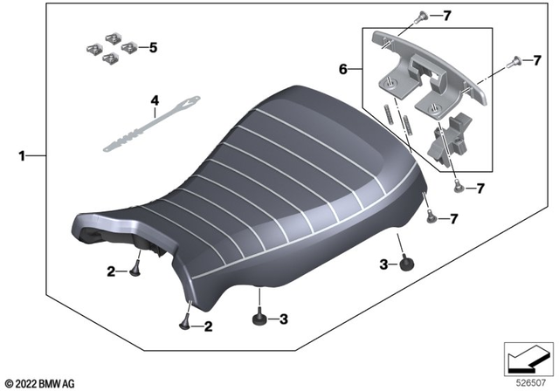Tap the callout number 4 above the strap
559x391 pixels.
pos(154,101)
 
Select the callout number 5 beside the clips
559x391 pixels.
pos(154,48)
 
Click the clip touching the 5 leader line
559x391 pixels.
pos(130,48)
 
